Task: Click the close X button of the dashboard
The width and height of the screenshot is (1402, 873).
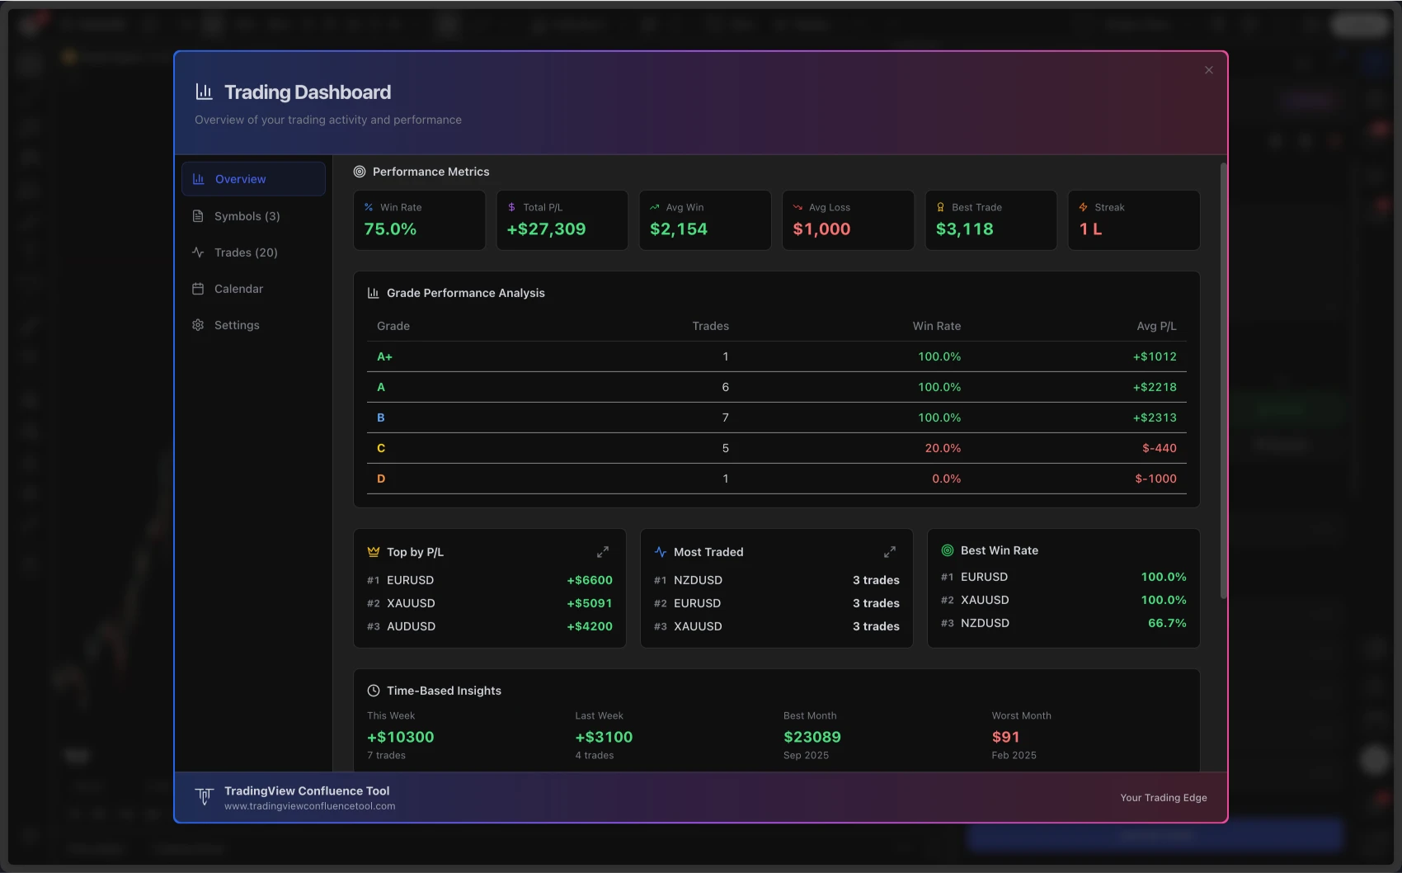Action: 1208,70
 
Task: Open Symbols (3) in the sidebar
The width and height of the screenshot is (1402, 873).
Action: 247,216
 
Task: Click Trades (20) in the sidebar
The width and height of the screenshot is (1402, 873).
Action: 245,252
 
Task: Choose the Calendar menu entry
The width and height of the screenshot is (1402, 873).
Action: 238,289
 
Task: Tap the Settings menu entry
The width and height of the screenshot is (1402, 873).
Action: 237,325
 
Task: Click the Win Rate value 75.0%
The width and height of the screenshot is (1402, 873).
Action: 390,229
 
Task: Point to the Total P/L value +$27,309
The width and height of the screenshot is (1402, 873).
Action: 546,229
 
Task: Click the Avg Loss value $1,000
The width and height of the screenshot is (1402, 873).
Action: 821,229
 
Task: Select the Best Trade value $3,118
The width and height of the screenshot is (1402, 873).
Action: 964,229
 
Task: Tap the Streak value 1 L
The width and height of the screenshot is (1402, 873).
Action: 1090,229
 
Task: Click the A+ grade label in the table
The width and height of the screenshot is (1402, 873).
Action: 384,356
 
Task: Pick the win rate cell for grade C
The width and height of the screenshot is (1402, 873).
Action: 942,448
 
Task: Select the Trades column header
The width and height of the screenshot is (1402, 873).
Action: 710,326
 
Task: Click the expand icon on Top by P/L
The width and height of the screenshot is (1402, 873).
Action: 603,552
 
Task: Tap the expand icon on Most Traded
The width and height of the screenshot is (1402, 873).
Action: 890,552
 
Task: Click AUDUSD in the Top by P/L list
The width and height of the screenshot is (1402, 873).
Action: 411,626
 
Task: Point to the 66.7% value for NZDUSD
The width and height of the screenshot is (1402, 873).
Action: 1166,623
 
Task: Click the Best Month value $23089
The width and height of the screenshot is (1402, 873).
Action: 812,737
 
